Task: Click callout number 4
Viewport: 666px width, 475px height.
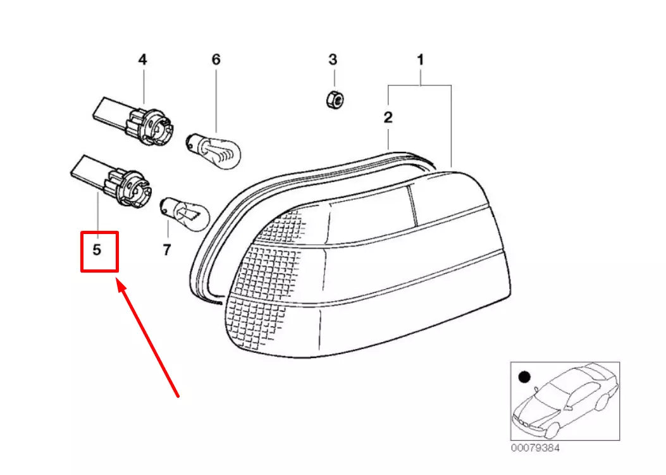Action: [x=142, y=59]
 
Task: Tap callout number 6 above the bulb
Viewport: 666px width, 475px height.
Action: [x=216, y=59]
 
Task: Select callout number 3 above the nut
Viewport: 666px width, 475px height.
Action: [x=333, y=59]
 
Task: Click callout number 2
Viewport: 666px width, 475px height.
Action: [x=388, y=117]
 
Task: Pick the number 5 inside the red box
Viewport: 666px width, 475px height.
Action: [x=97, y=250]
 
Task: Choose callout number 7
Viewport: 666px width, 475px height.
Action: [x=166, y=250]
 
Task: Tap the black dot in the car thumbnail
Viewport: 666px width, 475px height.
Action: [x=523, y=378]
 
